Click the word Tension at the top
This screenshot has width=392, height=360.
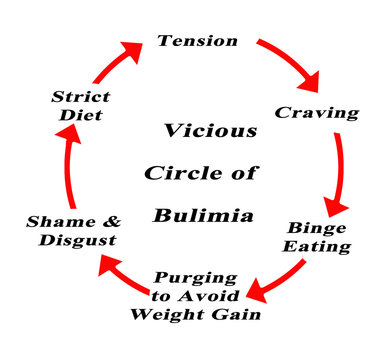(x=198, y=42)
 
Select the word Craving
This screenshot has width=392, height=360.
(x=317, y=113)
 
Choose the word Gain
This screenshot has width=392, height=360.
(x=241, y=315)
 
